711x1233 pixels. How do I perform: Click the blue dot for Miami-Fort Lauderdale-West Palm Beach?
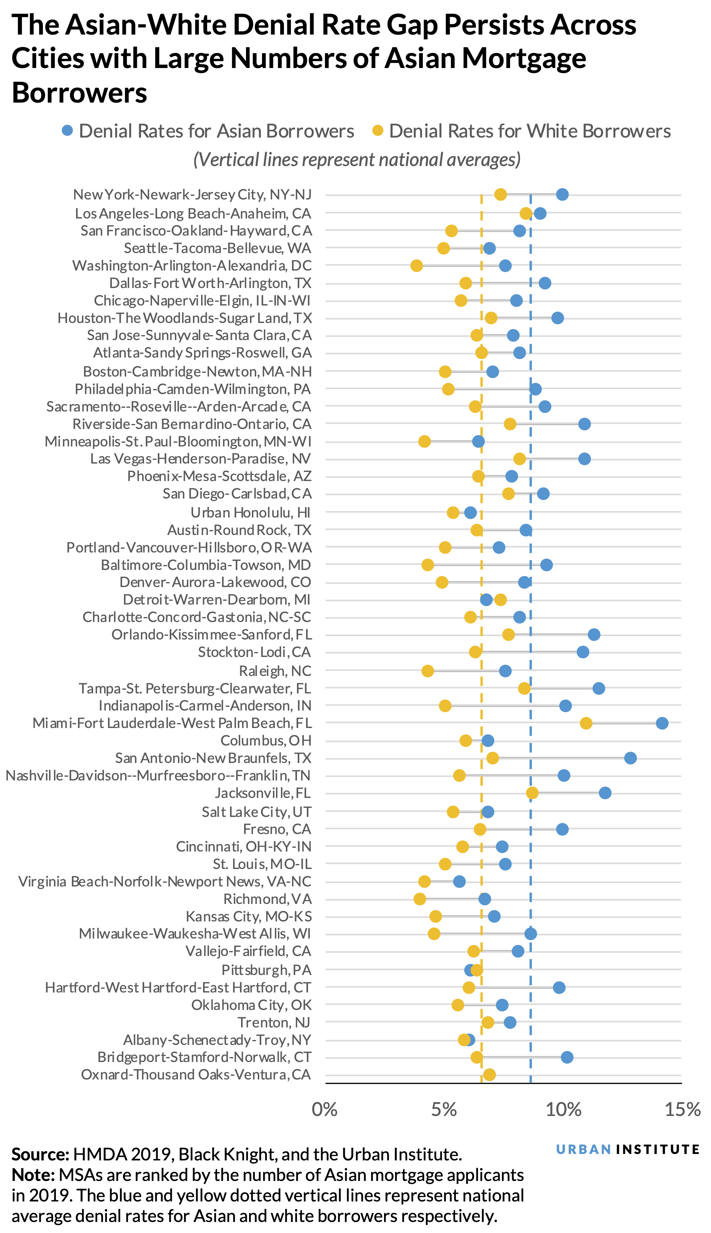coord(662,723)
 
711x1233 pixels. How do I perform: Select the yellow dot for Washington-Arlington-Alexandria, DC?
coord(417,266)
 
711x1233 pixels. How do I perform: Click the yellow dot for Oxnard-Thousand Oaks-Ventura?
coord(489,1075)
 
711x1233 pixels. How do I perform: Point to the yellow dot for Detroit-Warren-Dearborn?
coord(500,600)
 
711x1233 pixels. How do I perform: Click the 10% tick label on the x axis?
coord(563,1110)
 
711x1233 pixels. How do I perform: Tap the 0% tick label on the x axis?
coord(325,1110)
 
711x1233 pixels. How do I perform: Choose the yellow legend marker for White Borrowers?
coord(378,131)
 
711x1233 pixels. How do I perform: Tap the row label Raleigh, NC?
coord(275,671)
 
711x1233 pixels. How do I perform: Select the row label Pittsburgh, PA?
coord(266,970)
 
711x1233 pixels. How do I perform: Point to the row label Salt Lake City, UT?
coord(256,812)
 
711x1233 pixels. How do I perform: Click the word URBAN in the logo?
coord(584,1149)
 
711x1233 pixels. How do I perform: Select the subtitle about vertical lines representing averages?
coord(357,160)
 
